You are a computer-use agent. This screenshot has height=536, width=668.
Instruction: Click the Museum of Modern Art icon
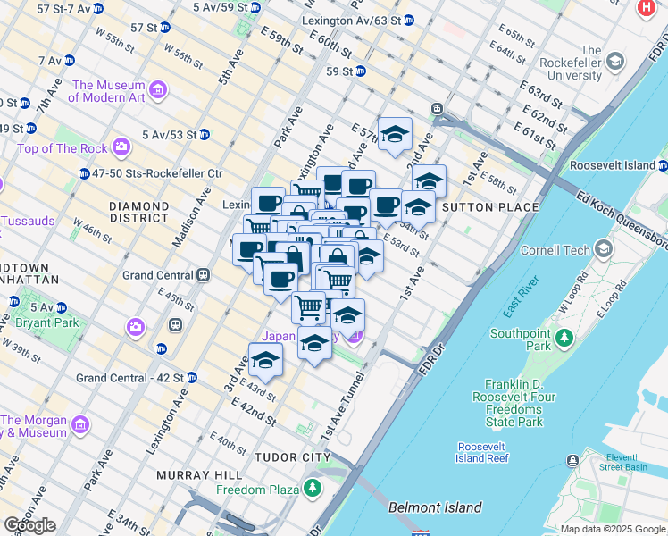click(x=158, y=89)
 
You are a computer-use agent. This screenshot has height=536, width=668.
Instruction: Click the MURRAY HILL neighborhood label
click(x=195, y=475)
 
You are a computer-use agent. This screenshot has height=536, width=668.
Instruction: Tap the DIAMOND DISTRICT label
click(x=138, y=211)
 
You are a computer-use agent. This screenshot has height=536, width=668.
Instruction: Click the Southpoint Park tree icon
click(x=564, y=338)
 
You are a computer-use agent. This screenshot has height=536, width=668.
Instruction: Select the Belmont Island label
click(x=435, y=507)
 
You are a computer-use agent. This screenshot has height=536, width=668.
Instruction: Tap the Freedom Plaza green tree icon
click(x=313, y=489)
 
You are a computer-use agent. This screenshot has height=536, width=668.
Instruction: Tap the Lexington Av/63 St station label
click(x=357, y=20)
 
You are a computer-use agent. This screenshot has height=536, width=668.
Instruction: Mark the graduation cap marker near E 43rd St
click(x=265, y=360)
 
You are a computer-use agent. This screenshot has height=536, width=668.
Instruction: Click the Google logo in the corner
click(x=29, y=525)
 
